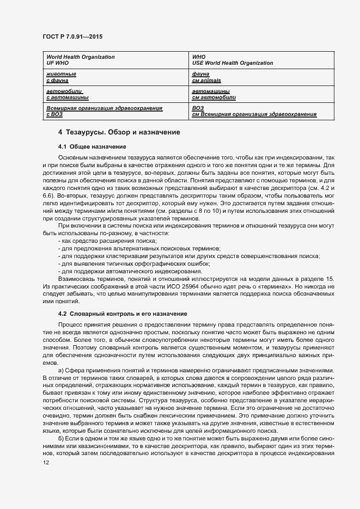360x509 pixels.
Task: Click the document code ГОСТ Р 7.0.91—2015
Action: (x=72, y=36)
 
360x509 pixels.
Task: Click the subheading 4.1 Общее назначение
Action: (x=92, y=146)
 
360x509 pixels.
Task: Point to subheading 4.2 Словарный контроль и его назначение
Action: (x=123, y=314)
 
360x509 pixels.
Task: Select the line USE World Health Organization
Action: (x=233, y=63)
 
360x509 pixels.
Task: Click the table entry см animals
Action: (x=206, y=81)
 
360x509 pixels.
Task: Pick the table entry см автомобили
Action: (x=213, y=97)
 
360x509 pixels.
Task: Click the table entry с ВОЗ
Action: (x=54, y=114)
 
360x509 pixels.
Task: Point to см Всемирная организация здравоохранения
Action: (x=254, y=114)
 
